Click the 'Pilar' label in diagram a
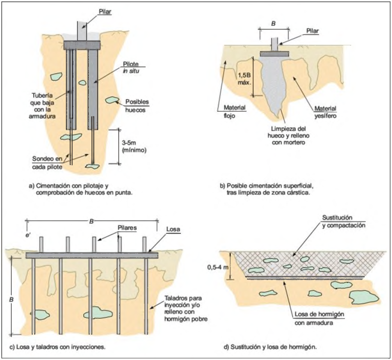(105, 12)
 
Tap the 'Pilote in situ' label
(131, 67)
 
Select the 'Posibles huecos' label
(137, 106)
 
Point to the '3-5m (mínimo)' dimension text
(134, 146)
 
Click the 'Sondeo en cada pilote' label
(47, 163)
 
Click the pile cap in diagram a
(82, 45)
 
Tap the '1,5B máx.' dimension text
(244, 79)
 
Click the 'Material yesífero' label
(325, 112)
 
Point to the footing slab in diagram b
(275, 54)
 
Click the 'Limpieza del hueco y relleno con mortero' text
(288, 136)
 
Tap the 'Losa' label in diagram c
(173, 230)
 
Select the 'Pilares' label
(127, 228)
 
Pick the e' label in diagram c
(28, 235)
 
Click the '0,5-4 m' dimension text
(218, 267)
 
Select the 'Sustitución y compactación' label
(343, 222)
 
